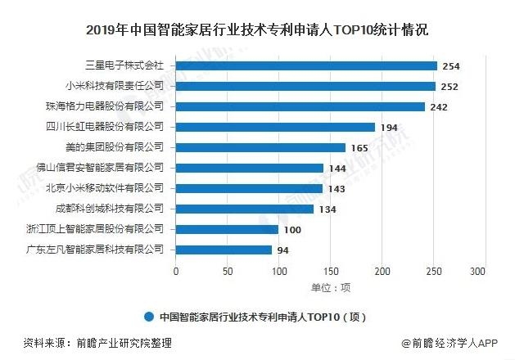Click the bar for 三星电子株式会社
pyautogui.click(x=306, y=65)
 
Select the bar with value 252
pyautogui.click(x=305, y=86)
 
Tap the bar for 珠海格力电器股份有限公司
pyautogui.click(x=300, y=106)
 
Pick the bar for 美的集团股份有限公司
pyautogui.click(x=260, y=147)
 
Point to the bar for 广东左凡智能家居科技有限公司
pyautogui.click(x=224, y=250)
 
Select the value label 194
pyautogui.click(x=388, y=127)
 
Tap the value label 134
pyautogui.click(x=327, y=209)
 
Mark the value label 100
pyautogui.click(x=291, y=229)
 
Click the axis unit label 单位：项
pyautogui.click(x=330, y=287)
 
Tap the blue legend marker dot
pyautogui.click(x=148, y=317)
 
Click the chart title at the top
pyautogui.click(x=257, y=30)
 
